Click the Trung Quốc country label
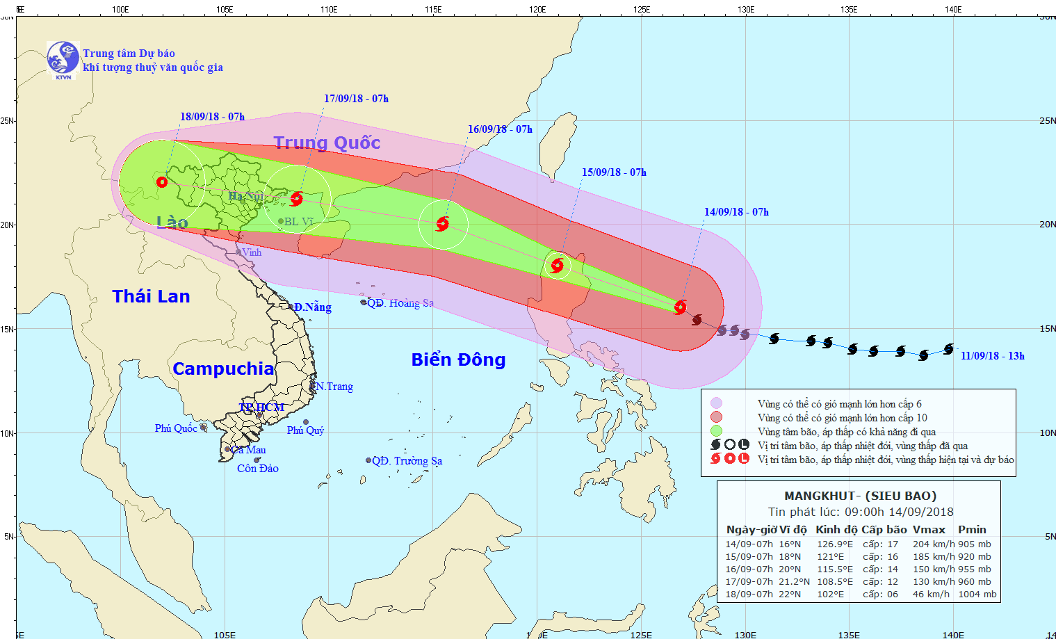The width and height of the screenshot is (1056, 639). point(327,143)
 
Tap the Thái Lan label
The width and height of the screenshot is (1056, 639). point(151,297)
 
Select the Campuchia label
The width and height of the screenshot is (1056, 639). point(223,369)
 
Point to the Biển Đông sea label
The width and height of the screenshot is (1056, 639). point(458,359)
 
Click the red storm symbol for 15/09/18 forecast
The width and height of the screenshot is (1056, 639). point(557,265)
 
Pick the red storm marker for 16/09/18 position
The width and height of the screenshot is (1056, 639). point(442,224)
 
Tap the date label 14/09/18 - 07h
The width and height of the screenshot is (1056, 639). point(736,212)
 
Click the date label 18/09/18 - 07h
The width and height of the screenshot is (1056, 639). point(212,117)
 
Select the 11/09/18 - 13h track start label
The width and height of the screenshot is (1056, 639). point(992,356)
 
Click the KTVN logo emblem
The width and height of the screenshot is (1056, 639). point(63,59)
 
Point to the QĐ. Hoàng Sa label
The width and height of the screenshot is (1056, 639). point(400,303)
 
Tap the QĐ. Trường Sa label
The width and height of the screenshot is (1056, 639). point(407,461)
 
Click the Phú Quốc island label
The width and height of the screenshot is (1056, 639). point(176,428)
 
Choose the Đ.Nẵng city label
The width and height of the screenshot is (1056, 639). point(312,307)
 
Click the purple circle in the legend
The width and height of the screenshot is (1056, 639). point(716,404)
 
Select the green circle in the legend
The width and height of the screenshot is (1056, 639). point(716,432)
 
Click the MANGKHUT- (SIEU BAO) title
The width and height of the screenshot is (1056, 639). point(860,496)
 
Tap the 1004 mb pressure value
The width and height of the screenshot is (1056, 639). point(977,594)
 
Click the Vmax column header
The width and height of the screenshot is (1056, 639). point(929,530)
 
